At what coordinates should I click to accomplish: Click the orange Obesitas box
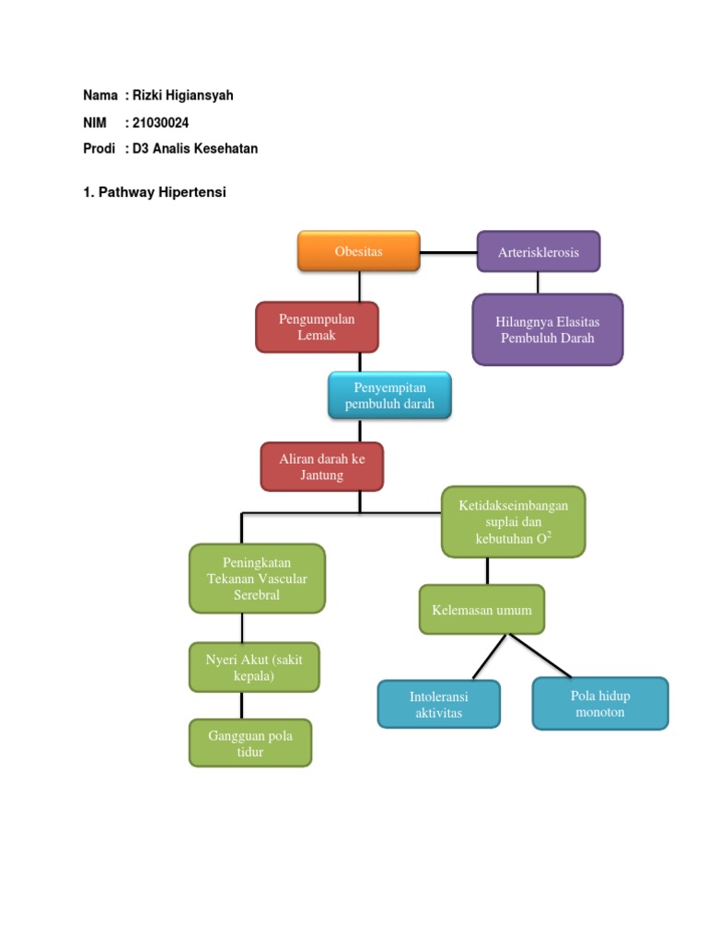tap(358, 251)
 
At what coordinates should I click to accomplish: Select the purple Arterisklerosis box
tap(538, 252)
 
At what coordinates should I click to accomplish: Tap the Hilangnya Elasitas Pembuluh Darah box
tap(548, 330)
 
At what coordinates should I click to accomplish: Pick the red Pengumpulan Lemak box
tap(317, 327)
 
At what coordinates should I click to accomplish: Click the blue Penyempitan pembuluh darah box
tap(389, 396)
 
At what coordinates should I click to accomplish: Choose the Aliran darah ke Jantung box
tap(321, 466)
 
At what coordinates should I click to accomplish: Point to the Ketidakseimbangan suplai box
tap(514, 523)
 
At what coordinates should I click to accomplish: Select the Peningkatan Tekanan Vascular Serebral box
tap(258, 579)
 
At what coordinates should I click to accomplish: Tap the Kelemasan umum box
tap(481, 610)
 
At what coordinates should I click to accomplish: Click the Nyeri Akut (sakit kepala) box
tap(254, 668)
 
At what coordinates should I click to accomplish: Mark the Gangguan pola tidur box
tap(250, 743)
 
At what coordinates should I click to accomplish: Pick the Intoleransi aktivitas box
tap(439, 704)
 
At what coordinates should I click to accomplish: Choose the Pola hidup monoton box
tap(600, 704)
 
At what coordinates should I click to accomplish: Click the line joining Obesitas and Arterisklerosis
tap(448, 252)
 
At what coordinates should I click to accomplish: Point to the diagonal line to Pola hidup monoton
tap(539, 656)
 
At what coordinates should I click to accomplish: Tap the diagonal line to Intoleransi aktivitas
tap(490, 657)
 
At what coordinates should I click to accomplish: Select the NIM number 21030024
tap(160, 122)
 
